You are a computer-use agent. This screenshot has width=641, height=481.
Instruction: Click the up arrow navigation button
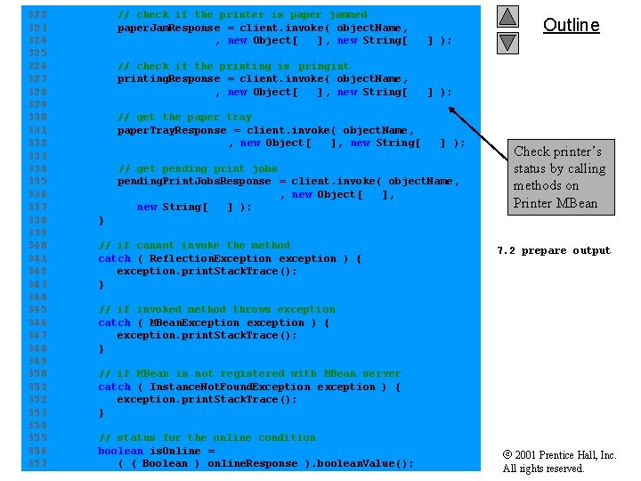(507, 16)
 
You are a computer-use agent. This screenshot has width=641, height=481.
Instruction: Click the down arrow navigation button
(507, 42)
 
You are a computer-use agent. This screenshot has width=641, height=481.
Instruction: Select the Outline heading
(571, 25)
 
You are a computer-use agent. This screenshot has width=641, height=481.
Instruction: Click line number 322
(37, 14)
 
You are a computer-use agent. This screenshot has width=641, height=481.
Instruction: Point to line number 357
(37, 463)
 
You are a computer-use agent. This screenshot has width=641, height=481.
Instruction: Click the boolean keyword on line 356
(120, 451)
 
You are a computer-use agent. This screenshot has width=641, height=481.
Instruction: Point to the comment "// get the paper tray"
(184, 117)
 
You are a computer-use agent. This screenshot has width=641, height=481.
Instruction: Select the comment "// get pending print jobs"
(197, 168)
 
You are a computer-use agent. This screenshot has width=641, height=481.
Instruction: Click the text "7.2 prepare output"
(554, 250)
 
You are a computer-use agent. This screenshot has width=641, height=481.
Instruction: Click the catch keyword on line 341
(114, 258)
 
